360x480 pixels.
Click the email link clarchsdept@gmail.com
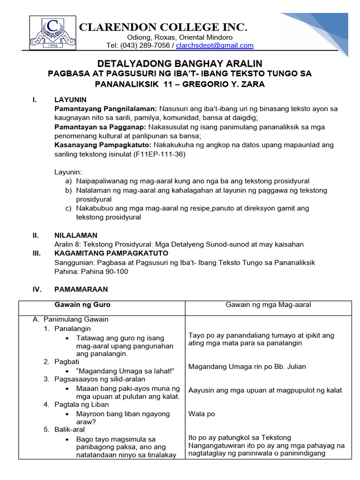[214, 45]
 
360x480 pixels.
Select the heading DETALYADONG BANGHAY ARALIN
[180, 63]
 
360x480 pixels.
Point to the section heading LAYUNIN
[70, 100]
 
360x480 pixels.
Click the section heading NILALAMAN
[76, 235]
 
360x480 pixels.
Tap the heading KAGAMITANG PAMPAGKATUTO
[103, 253]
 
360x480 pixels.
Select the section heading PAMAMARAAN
[81, 289]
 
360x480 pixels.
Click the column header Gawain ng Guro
[82, 305]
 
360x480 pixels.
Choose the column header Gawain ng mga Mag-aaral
[268, 305]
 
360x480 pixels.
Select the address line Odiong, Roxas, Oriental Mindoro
[180, 37]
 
